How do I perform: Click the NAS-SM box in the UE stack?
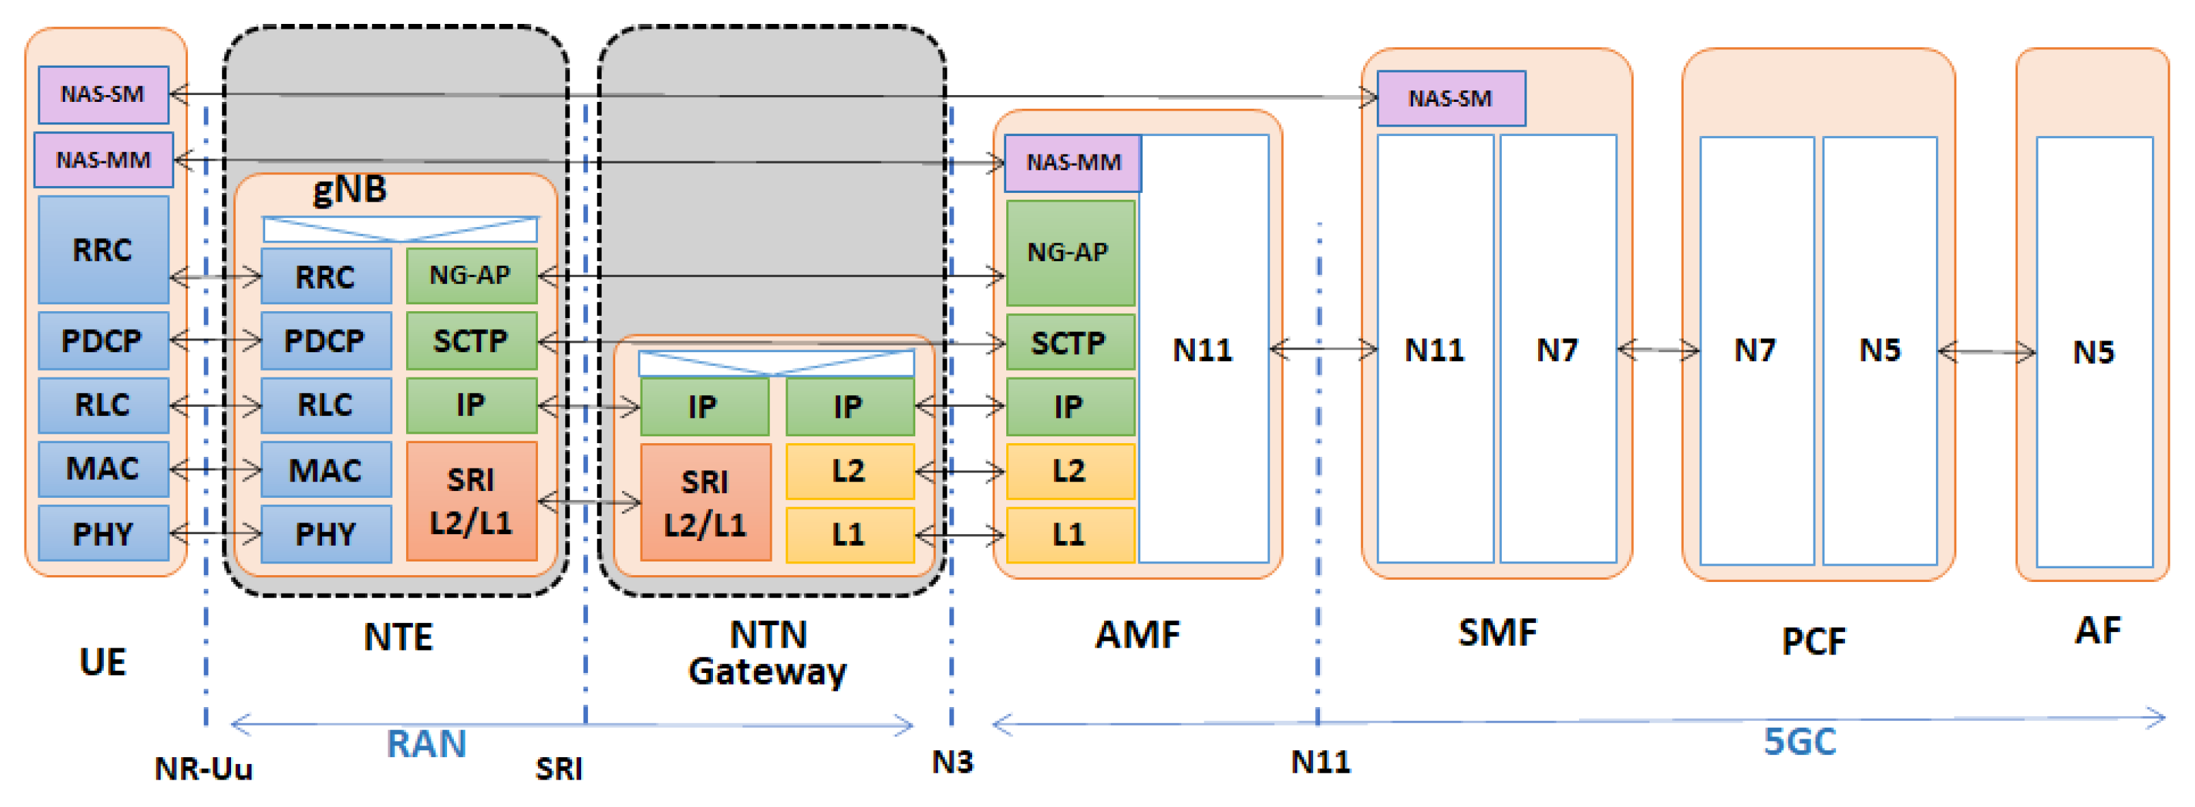(x=103, y=94)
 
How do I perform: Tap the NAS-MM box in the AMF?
(x=1072, y=162)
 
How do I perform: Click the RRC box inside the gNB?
(x=325, y=276)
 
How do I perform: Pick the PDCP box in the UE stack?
(x=103, y=341)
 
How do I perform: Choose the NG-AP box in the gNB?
(x=471, y=275)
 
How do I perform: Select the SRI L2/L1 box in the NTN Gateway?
(x=705, y=503)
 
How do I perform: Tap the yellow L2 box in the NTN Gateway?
(x=849, y=471)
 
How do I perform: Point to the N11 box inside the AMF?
(x=1202, y=349)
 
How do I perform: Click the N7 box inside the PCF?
(x=1755, y=349)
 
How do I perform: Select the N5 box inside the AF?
(x=2092, y=352)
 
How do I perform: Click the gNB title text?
(x=350, y=189)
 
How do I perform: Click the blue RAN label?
(x=426, y=744)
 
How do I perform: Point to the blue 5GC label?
(x=1800, y=741)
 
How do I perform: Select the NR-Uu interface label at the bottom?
(x=204, y=769)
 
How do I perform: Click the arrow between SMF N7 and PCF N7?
(x=1657, y=349)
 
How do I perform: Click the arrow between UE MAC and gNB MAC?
(x=215, y=468)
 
